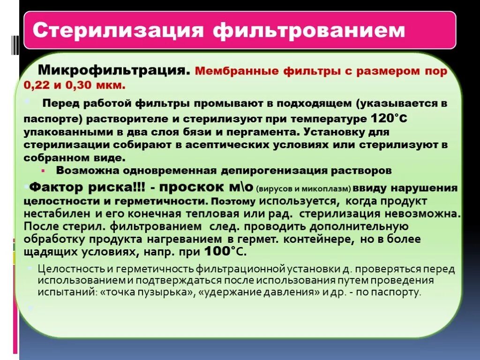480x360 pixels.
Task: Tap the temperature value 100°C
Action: tap(221, 251)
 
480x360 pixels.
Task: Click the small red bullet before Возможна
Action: tap(43, 170)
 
